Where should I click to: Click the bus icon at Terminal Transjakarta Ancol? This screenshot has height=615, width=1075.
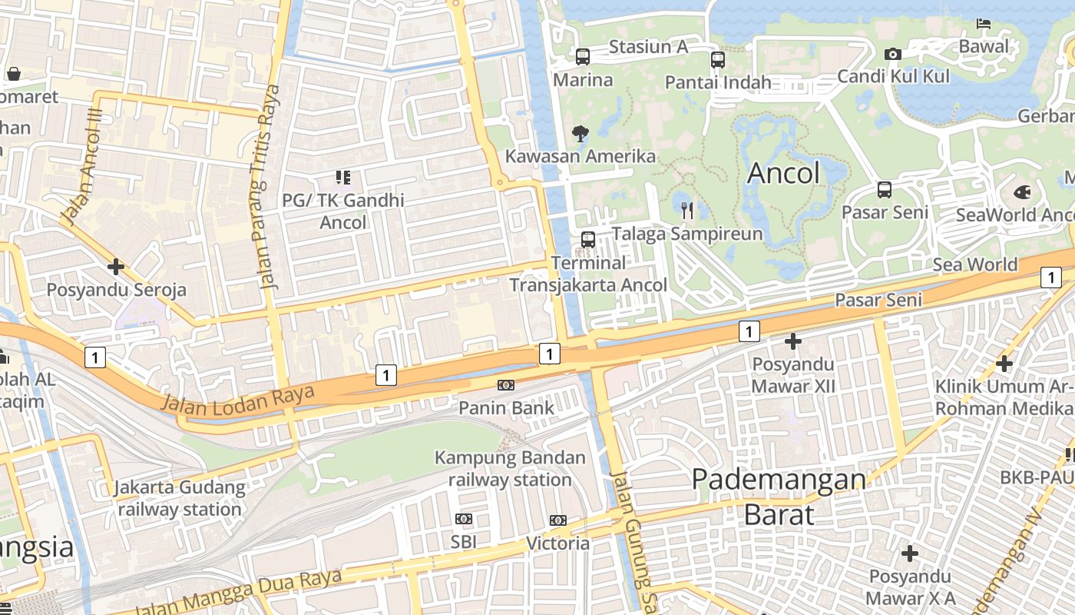click(x=588, y=239)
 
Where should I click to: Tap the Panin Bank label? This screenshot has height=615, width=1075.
click(x=506, y=407)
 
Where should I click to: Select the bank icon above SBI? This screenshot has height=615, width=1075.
click(x=464, y=519)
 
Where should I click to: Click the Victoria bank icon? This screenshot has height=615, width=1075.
click(x=558, y=520)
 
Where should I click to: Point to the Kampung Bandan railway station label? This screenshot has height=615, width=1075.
click(x=510, y=468)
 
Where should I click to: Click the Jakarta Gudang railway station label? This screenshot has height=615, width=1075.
click(x=180, y=498)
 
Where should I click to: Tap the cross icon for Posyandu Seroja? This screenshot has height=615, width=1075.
click(x=116, y=267)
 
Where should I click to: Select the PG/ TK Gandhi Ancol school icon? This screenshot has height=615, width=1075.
click(x=342, y=178)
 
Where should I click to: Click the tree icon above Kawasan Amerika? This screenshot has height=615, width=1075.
click(x=580, y=134)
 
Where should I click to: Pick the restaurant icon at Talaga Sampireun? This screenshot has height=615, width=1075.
click(x=687, y=210)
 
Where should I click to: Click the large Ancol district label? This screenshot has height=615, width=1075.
click(x=783, y=173)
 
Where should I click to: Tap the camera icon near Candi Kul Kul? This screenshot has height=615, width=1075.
click(x=892, y=54)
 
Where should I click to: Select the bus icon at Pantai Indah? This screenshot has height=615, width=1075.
click(x=717, y=59)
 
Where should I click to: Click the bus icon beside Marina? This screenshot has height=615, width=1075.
click(x=583, y=56)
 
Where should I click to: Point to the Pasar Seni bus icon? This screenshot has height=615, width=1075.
click(x=885, y=189)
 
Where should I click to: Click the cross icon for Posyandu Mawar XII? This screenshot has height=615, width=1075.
click(x=793, y=341)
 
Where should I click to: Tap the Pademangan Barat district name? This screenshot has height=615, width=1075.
click(x=779, y=497)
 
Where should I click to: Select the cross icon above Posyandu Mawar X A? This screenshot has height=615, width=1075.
click(x=910, y=553)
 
